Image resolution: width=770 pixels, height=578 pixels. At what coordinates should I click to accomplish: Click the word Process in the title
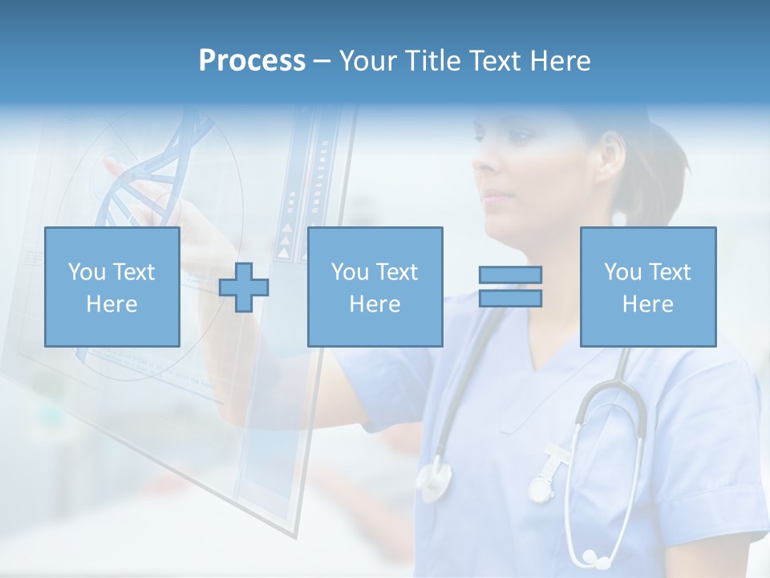(x=252, y=61)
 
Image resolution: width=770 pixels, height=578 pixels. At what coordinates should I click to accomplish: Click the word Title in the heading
(x=434, y=61)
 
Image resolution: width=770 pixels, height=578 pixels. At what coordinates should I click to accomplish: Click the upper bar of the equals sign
(x=510, y=275)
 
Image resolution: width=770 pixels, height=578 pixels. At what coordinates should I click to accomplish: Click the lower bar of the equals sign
(x=510, y=299)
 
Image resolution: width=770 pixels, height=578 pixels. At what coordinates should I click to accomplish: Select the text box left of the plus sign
(x=112, y=287)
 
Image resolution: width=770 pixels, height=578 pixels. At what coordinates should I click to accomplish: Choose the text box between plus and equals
(x=375, y=287)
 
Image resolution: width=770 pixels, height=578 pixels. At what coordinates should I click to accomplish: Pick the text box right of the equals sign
(x=648, y=287)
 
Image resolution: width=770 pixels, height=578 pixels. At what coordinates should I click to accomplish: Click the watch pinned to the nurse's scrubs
(x=541, y=486)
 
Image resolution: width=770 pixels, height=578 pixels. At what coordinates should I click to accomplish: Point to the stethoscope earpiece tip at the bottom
(x=590, y=556)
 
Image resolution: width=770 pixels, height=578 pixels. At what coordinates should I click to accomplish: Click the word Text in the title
(x=494, y=61)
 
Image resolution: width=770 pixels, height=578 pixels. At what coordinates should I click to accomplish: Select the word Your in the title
(x=371, y=61)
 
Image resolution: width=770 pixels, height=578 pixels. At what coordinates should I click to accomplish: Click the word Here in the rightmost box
(x=648, y=304)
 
